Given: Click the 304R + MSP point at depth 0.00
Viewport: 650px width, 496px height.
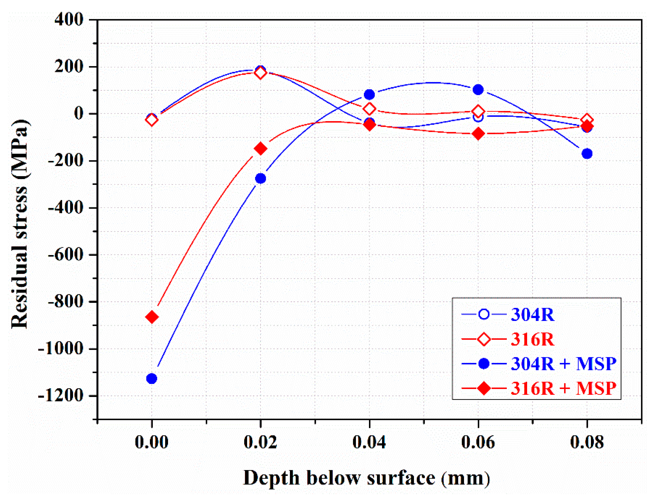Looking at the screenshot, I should (152, 379).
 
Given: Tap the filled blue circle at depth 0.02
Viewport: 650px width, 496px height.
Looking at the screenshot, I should (260, 178).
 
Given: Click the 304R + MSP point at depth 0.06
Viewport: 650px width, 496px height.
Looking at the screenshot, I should (478, 89).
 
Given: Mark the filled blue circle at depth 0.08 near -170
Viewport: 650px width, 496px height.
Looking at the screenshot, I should (587, 153).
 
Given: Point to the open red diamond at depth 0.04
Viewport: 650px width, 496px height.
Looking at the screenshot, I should (369, 109).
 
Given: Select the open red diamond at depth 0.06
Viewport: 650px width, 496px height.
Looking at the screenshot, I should (478, 111).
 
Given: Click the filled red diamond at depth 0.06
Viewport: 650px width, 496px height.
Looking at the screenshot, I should (478, 134).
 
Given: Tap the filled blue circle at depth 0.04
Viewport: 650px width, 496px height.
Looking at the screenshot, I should (369, 94).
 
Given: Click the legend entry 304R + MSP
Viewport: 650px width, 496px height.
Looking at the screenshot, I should (563, 363).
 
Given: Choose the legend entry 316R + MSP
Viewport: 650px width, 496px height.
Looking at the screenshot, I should (563, 388).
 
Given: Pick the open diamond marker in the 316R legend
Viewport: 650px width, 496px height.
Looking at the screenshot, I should (484, 339).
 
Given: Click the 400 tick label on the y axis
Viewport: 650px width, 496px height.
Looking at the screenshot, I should (69, 20).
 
